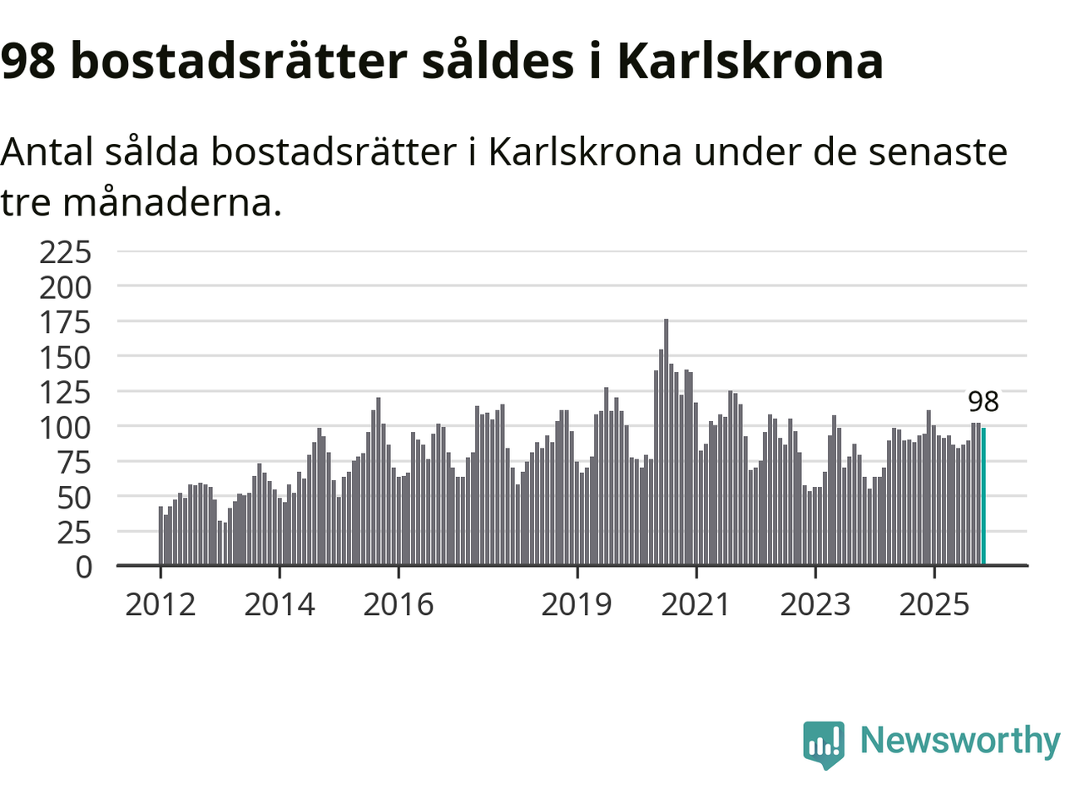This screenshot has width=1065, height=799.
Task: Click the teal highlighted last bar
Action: click(x=983, y=496)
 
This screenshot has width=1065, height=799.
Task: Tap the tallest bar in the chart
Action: click(x=666, y=442)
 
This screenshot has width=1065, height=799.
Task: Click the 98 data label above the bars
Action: click(x=983, y=402)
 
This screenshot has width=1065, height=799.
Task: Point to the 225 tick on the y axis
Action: click(x=66, y=251)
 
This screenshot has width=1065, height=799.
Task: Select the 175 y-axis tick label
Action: click(x=66, y=322)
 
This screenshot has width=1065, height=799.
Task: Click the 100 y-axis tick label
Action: click(x=66, y=427)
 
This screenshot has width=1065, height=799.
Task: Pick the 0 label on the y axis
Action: click(x=83, y=567)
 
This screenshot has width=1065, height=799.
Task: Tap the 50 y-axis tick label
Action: click(x=75, y=497)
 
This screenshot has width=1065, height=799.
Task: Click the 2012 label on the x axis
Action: click(x=160, y=605)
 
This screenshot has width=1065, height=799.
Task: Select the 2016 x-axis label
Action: click(x=399, y=605)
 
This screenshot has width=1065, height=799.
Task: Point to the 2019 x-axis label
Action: click(x=577, y=605)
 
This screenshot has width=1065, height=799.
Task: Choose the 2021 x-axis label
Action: click(x=696, y=605)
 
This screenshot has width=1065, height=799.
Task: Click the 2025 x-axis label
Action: click(x=934, y=605)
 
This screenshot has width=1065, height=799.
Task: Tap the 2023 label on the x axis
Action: click(x=815, y=605)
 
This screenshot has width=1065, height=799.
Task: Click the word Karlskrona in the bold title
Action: click(x=750, y=61)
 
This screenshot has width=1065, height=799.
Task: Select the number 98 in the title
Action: click(x=29, y=61)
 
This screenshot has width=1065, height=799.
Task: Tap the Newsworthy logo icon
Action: click(x=824, y=742)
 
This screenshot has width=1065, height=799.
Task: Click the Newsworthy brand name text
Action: click(x=959, y=740)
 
